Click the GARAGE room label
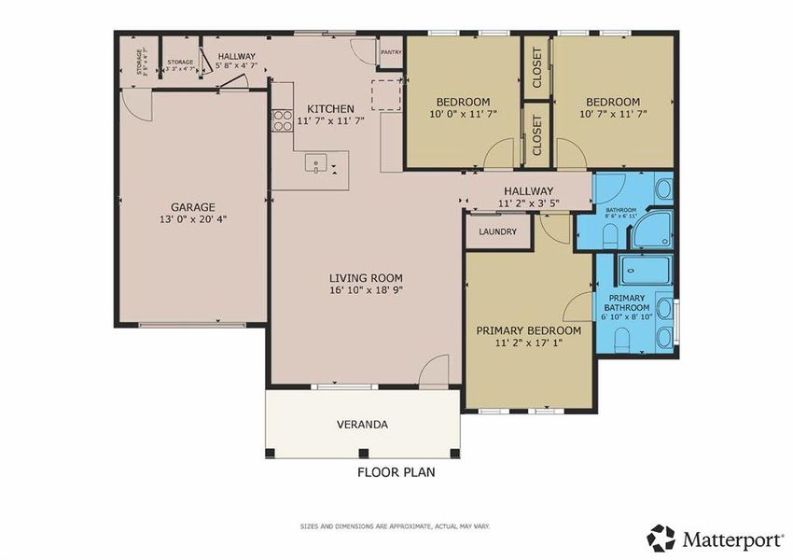tap(193, 207)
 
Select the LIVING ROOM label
tap(366, 277)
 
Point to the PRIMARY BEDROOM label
tap(528, 330)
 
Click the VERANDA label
tap(362, 425)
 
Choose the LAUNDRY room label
tap(497, 231)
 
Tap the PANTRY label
tap(391, 52)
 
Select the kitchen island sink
tap(319, 166)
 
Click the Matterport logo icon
tap(661, 538)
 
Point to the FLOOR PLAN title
tap(396, 472)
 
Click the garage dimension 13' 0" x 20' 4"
tap(193, 220)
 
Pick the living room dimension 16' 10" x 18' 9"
tap(366, 290)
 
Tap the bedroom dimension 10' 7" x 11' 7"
tap(613, 114)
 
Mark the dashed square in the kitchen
tap(386, 93)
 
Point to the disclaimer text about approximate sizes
tap(396, 526)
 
